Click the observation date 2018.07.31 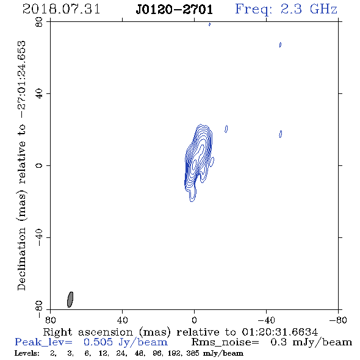(61, 9)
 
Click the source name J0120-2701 (175, 9)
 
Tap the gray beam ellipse (70, 300)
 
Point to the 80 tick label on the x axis (50, 320)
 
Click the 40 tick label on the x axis (122, 320)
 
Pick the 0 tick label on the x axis (194, 320)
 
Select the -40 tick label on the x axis (266, 320)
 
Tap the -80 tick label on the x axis (338, 320)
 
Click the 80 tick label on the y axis (39, 22)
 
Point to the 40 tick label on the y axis (39, 94)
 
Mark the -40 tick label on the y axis (39, 237)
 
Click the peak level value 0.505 (98, 342)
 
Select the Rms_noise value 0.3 (279, 342)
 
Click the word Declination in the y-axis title (21, 259)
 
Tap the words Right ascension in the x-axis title (88, 333)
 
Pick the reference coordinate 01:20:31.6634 (279, 332)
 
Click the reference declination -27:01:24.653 (22, 79)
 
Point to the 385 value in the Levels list (193, 353)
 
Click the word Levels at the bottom (27, 353)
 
